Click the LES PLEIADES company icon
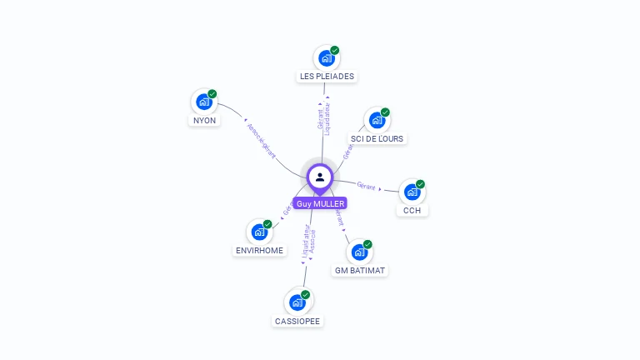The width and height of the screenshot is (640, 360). pyautogui.click(x=326, y=59)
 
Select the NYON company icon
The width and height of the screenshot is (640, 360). pyautogui.click(x=203, y=102)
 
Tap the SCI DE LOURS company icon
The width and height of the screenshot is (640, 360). pyautogui.click(x=377, y=121)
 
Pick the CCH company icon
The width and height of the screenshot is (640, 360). pyautogui.click(x=412, y=192)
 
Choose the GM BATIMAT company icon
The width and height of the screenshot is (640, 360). pyautogui.click(x=359, y=252)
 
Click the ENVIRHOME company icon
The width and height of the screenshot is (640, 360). pyautogui.click(x=259, y=232)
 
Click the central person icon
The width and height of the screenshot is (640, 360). pyautogui.click(x=320, y=177)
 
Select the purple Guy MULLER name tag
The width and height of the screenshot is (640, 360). pyautogui.click(x=320, y=203)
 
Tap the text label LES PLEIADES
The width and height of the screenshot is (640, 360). pyautogui.click(x=327, y=77)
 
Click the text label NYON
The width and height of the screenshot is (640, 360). pyautogui.click(x=204, y=120)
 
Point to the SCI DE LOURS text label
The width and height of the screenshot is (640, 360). pyautogui.click(x=377, y=138)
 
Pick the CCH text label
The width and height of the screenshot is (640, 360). pyautogui.click(x=412, y=210)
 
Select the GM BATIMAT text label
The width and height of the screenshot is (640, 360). pyautogui.click(x=360, y=270)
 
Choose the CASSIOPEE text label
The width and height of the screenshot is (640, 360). pyautogui.click(x=297, y=321)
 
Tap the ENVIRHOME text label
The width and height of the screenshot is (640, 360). pyautogui.click(x=259, y=250)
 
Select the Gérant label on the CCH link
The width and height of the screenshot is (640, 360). pyautogui.click(x=366, y=185)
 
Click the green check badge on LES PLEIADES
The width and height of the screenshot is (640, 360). pyautogui.click(x=335, y=50)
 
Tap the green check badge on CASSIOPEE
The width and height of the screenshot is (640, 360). pyautogui.click(x=306, y=294)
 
